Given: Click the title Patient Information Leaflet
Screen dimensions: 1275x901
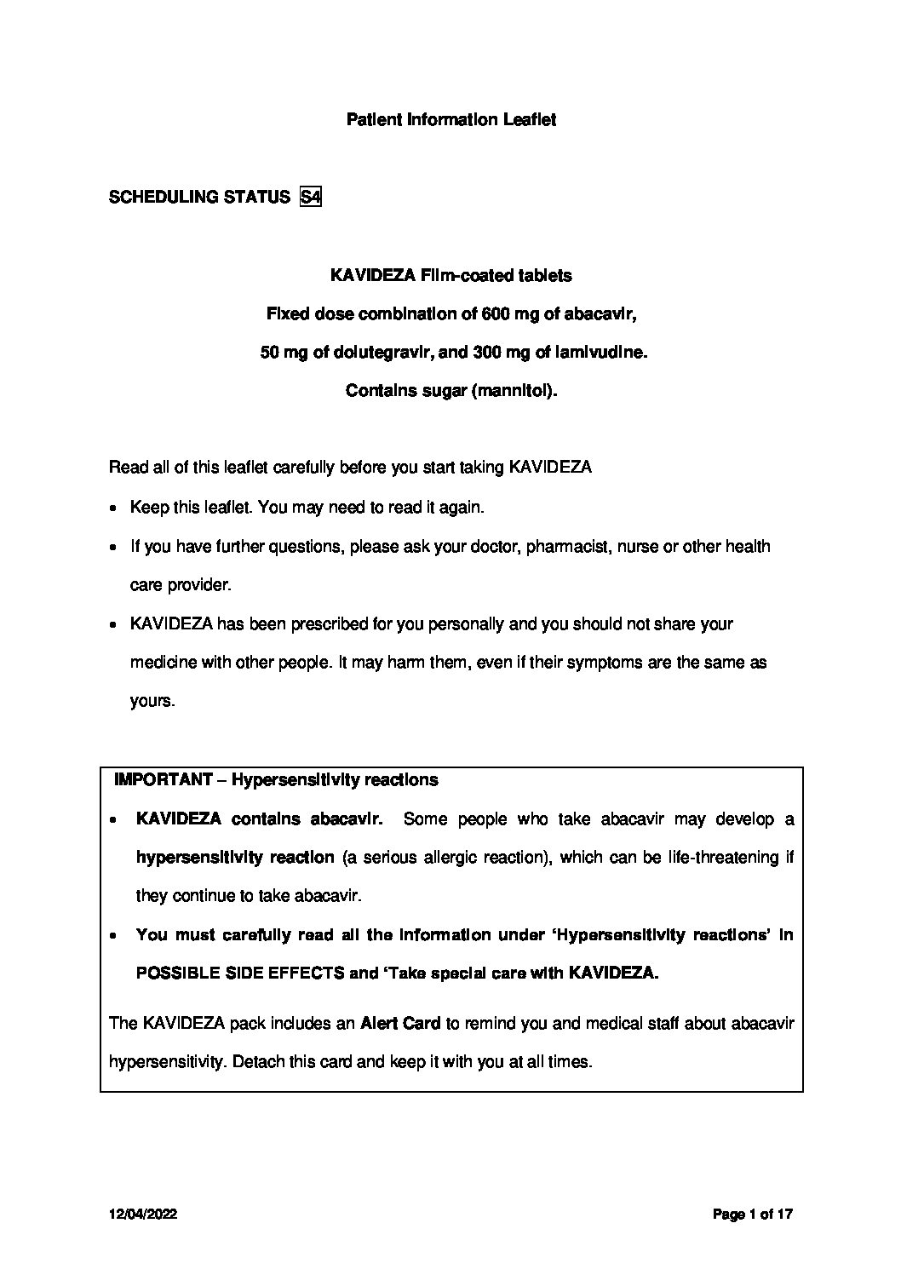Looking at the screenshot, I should [450, 120].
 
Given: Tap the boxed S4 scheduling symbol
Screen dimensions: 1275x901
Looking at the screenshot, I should [311, 198].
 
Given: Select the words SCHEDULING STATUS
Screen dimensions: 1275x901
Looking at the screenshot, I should [199, 198].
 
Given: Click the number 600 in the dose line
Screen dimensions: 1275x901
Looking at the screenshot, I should [496, 314].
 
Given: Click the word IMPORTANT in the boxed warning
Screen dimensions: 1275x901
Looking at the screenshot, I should [163, 780].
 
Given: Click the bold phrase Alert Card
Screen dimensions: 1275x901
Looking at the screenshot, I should [399, 1024].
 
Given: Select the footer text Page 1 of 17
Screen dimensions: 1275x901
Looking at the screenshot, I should [753, 1215].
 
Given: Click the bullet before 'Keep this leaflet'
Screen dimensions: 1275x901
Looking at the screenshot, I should [114, 508].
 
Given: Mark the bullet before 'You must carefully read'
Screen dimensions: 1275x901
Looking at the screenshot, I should [114, 936].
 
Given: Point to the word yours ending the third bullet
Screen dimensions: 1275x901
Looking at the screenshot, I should [152, 703].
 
